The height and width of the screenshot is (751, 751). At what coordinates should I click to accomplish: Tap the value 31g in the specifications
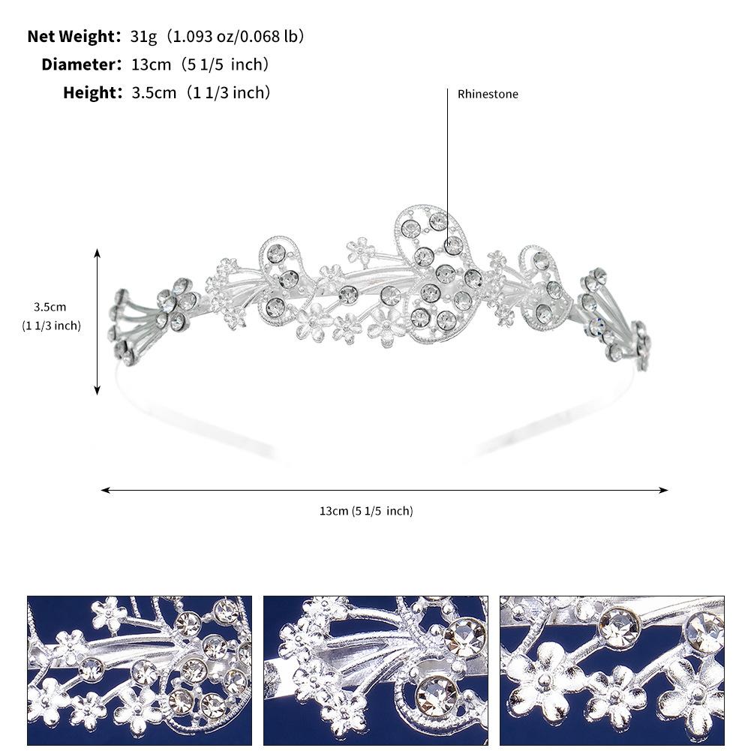tap(143, 36)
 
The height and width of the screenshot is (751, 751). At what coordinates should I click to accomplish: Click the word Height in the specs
tap(92, 93)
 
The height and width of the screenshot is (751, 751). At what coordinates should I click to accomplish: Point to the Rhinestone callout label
tap(488, 94)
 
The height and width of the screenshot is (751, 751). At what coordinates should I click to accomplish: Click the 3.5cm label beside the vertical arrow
tap(50, 307)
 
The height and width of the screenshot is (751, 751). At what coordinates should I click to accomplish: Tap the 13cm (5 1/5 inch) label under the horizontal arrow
tap(366, 511)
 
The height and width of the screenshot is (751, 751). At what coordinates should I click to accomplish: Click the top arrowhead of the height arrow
tap(98, 254)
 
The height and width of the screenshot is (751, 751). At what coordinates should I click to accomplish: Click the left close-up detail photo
tap(140, 670)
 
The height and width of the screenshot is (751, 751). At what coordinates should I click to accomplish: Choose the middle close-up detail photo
tap(375, 670)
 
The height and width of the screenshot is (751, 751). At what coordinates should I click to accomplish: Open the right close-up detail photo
tap(611, 670)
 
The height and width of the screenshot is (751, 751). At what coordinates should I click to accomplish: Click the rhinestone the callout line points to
tap(452, 245)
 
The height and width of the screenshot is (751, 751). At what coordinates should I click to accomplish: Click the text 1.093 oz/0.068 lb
tap(235, 36)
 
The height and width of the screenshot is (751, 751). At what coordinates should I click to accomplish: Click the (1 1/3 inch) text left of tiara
tap(51, 325)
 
